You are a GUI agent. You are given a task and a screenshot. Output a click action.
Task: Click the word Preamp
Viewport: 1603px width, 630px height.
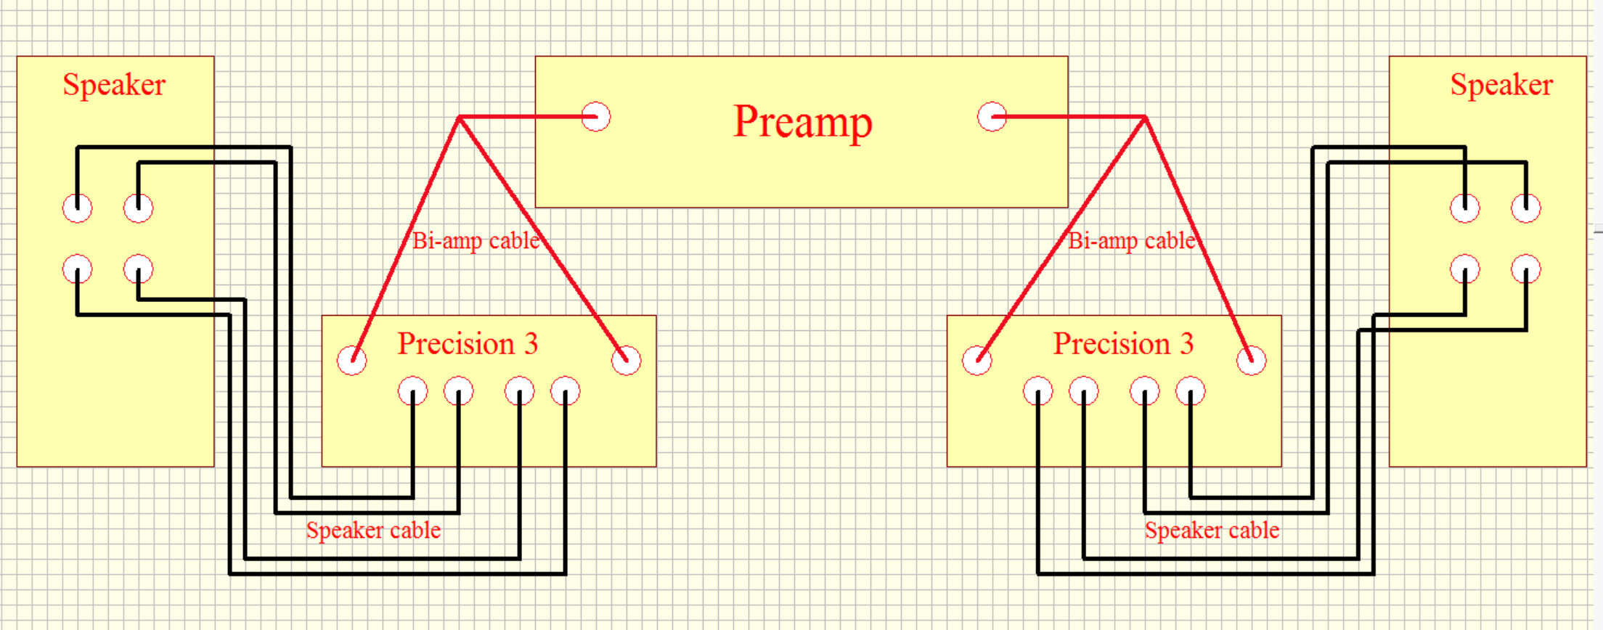[802, 122]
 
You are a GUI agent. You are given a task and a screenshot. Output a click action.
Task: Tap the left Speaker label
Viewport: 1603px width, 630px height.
[114, 85]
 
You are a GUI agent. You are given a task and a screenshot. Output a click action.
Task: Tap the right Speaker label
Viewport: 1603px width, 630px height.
[1501, 85]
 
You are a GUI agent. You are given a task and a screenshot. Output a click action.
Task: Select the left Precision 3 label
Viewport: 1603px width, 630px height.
[468, 343]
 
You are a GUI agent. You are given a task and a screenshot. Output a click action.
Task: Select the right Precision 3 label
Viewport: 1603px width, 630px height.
[1123, 343]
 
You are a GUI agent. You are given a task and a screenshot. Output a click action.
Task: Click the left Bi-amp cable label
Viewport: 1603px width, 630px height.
[476, 240]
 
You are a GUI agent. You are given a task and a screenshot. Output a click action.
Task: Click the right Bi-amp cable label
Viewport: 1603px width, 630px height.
[1132, 240]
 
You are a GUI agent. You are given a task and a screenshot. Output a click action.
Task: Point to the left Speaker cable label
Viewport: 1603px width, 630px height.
[373, 531]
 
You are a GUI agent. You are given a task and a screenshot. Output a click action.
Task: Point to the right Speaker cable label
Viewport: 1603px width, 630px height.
[1212, 531]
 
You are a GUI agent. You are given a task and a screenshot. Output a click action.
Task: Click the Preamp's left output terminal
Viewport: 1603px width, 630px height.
[596, 117]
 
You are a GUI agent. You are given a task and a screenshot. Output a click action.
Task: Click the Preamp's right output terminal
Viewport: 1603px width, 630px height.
[992, 117]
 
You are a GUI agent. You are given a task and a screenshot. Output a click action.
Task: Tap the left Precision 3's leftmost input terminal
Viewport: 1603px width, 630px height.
[352, 360]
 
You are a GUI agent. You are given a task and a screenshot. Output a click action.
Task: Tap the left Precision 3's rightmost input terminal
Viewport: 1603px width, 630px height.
[626, 360]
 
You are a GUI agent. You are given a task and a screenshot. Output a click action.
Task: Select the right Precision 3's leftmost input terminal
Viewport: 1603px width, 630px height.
[977, 360]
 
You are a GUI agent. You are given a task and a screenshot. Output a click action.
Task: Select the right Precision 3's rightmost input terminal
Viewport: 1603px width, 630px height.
[1251, 360]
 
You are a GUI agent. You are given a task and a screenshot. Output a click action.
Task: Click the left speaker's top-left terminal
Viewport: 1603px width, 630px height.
[78, 208]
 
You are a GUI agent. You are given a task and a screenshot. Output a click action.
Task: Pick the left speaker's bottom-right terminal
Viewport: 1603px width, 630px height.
[138, 269]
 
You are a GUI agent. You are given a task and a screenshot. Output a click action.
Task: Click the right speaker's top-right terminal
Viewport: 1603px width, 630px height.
[1526, 208]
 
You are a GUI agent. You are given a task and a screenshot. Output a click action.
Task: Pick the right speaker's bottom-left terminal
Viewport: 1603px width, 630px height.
[1465, 269]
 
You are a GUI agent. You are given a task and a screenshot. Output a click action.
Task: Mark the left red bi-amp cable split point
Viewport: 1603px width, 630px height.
[460, 118]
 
